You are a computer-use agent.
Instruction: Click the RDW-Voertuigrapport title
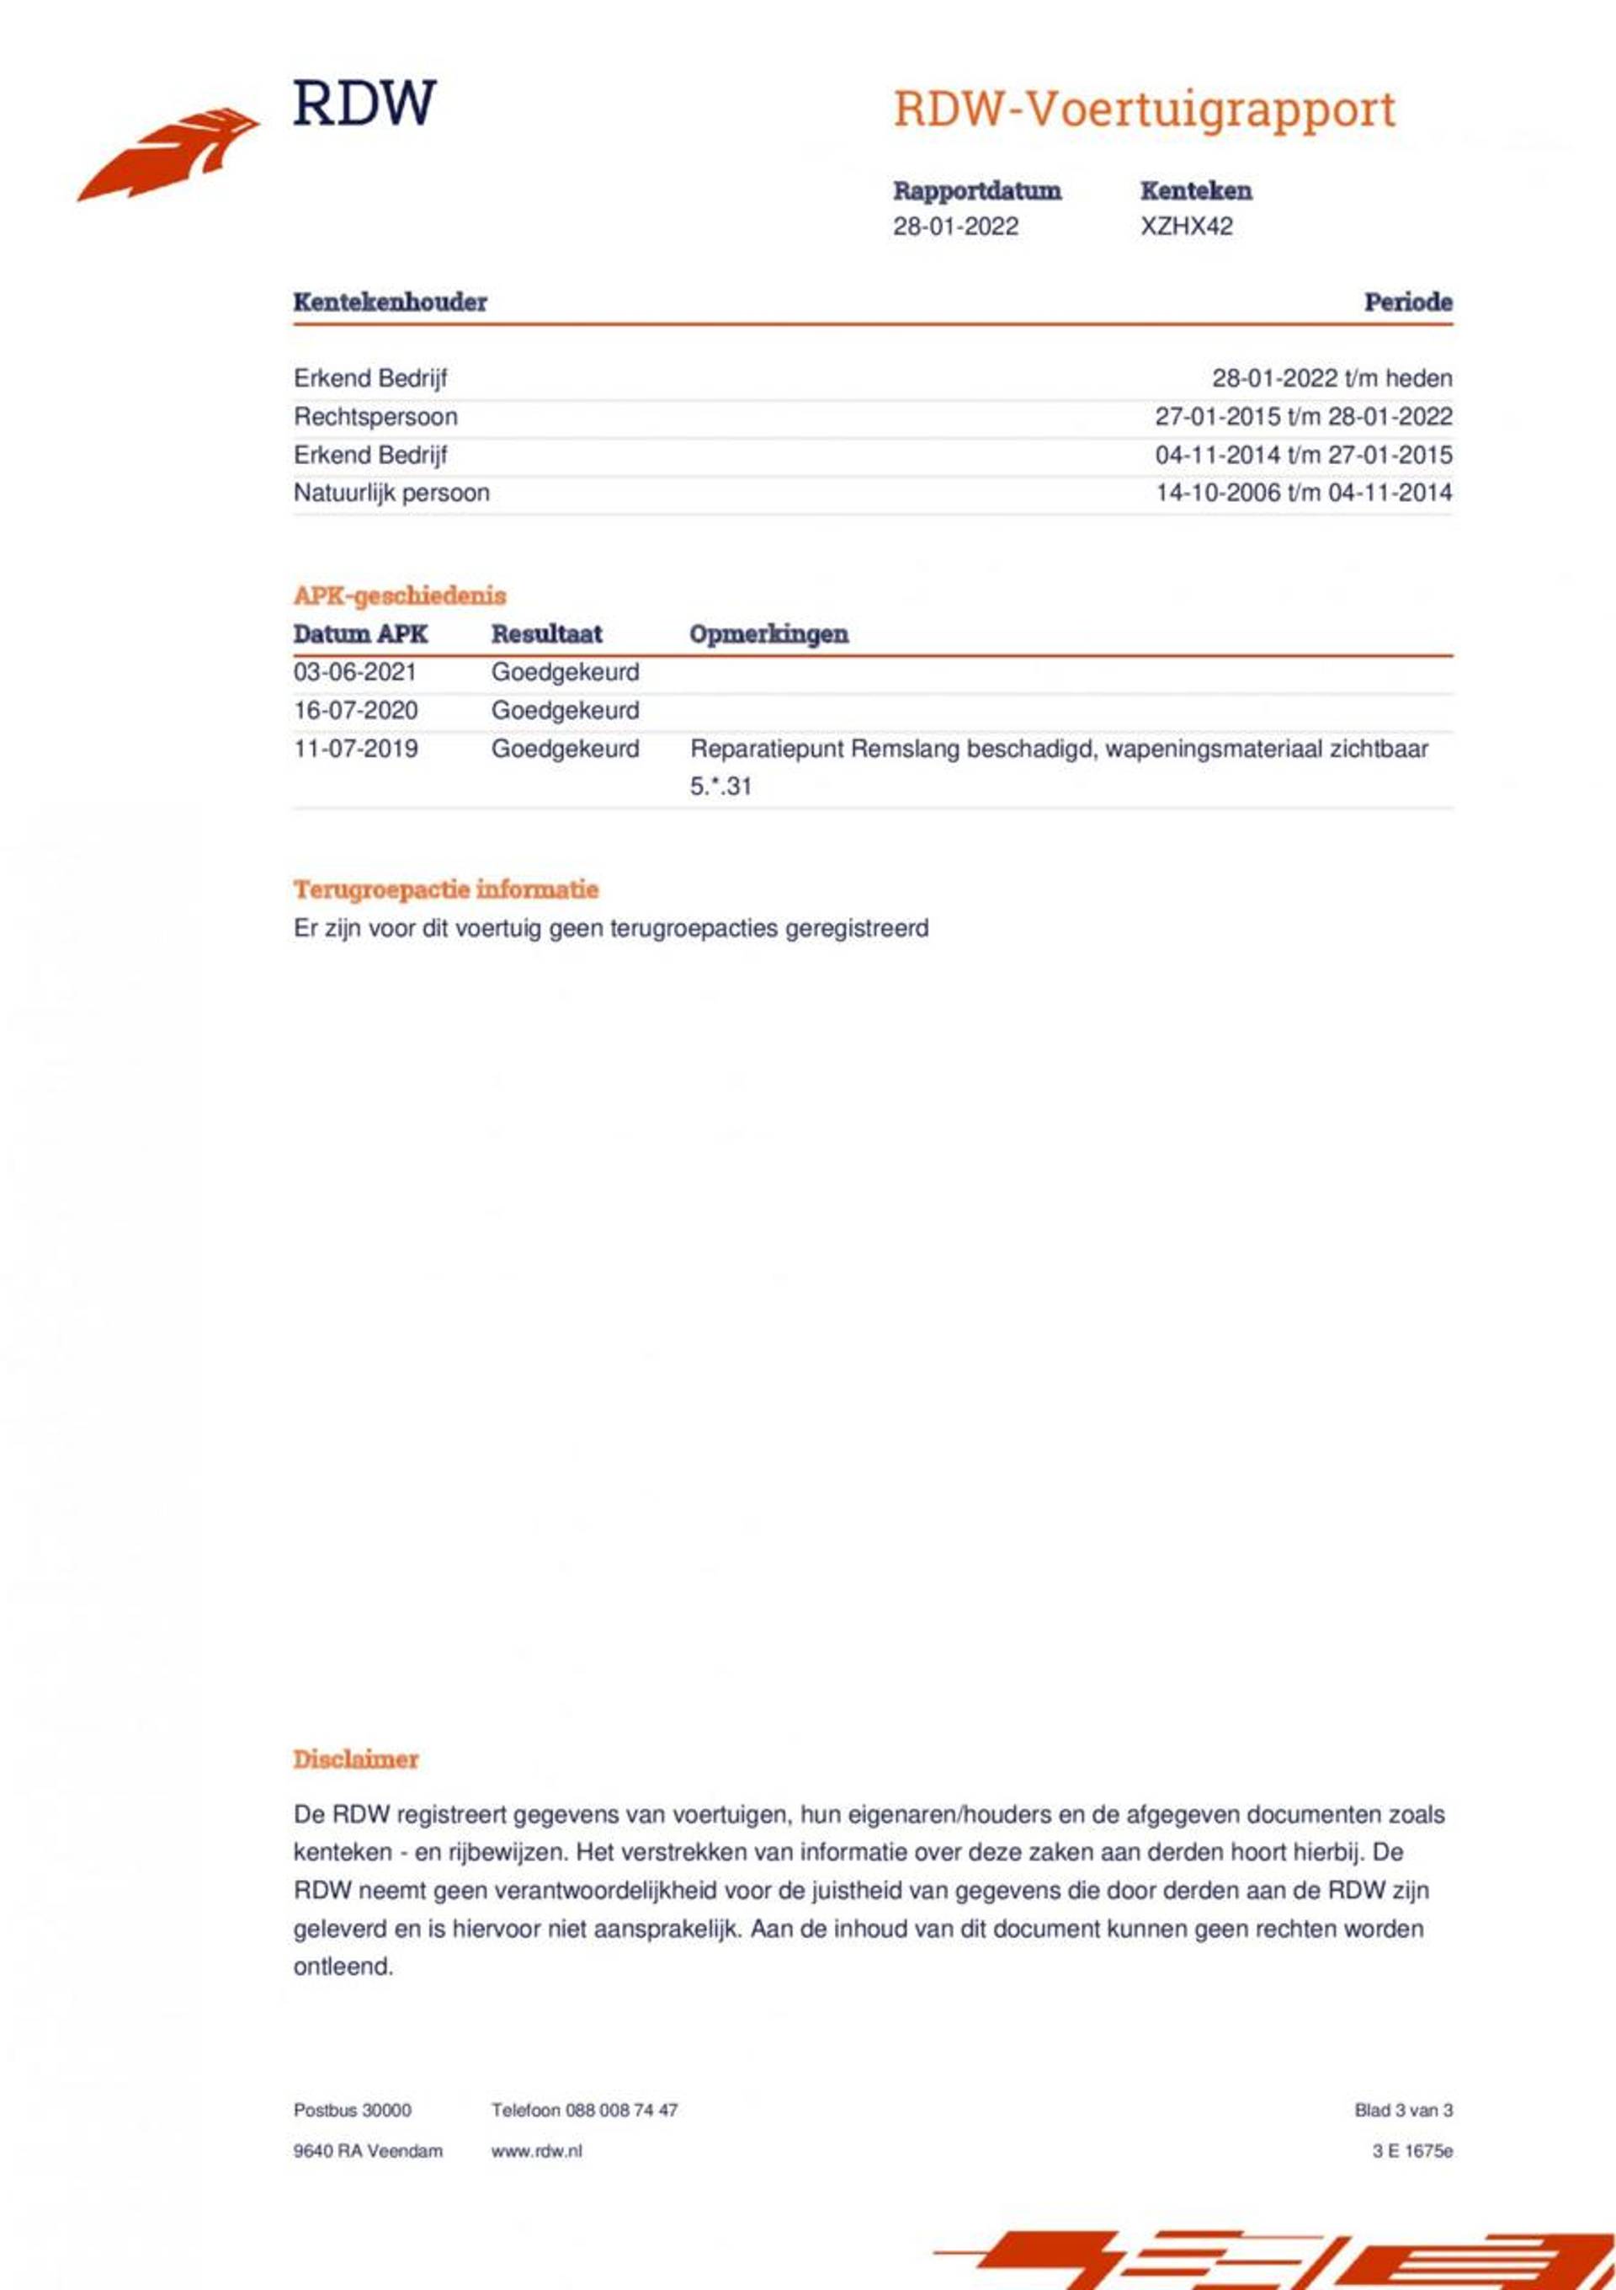click(1144, 109)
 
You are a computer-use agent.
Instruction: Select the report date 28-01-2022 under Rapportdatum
click(955, 227)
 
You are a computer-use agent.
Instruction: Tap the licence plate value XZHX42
click(1187, 227)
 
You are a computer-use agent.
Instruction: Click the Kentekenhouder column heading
click(390, 302)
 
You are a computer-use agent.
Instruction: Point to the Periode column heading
click(1407, 302)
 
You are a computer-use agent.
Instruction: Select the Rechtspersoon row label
click(375, 417)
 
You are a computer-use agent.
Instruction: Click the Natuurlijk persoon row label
click(391, 493)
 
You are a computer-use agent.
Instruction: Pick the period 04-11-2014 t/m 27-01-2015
click(1303, 455)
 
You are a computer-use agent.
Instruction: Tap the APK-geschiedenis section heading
click(399, 595)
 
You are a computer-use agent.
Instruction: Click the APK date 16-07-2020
click(355, 710)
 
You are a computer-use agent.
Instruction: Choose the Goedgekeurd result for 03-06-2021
click(564, 672)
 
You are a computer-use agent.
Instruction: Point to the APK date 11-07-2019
click(355, 749)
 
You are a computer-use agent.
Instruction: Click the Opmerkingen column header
click(768, 634)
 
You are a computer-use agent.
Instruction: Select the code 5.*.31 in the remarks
click(720, 787)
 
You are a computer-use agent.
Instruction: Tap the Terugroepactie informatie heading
click(445, 889)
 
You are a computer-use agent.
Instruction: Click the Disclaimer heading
click(355, 1759)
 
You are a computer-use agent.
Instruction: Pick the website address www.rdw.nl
click(535, 2151)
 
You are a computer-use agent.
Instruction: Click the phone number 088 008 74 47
click(621, 2111)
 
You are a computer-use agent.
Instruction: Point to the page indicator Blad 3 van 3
click(1403, 2111)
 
